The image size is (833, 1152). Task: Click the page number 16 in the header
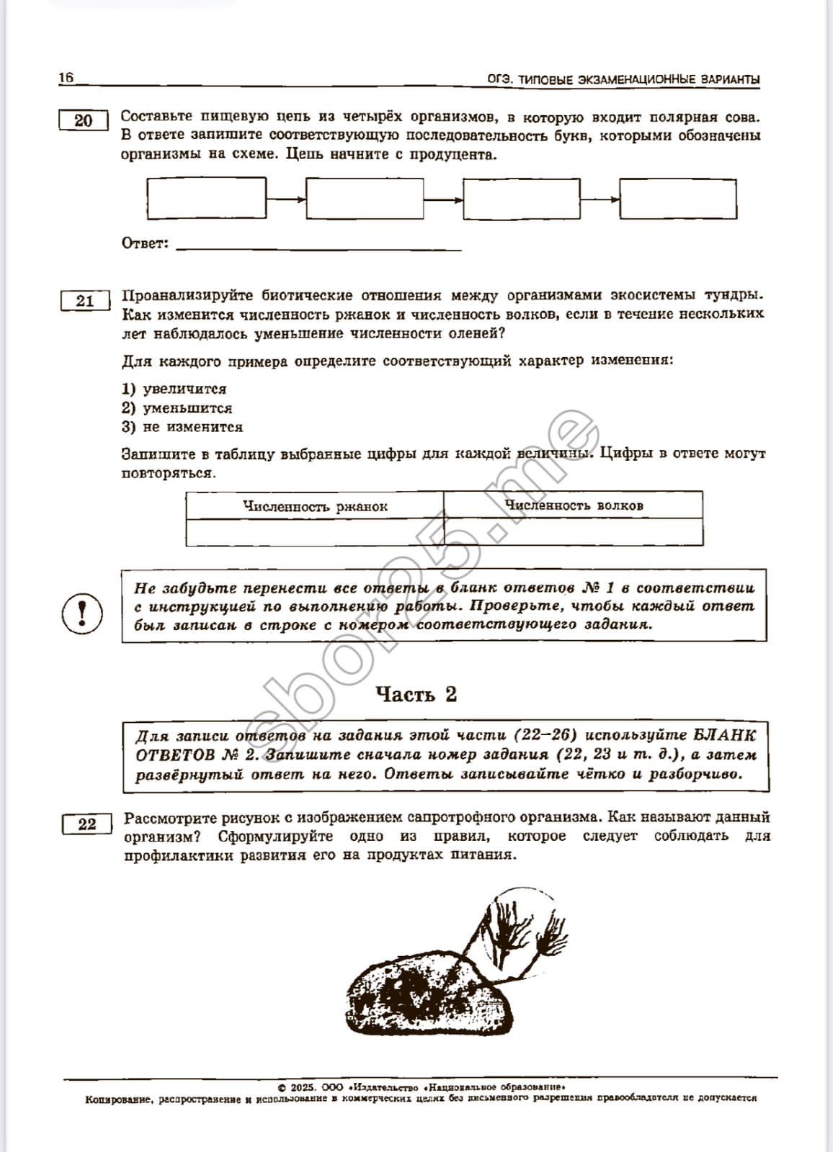(x=66, y=78)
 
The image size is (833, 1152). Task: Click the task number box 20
(x=84, y=120)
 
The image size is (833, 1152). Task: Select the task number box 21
(x=85, y=301)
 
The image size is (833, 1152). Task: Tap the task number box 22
(x=87, y=824)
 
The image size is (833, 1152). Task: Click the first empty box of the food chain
(x=207, y=198)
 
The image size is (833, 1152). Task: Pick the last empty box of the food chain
(x=678, y=198)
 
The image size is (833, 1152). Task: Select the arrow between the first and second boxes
(x=286, y=199)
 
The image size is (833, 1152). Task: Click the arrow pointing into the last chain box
(x=600, y=199)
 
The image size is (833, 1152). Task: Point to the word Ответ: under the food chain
(x=145, y=243)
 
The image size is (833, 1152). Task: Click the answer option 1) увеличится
(x=174, y=390)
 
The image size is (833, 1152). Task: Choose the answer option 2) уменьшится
(x=177, y=408)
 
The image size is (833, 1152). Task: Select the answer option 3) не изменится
(x=182, y=427)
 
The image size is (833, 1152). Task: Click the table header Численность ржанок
(x=315, y=506)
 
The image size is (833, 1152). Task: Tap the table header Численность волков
(x=574, y=505)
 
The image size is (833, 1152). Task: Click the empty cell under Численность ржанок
(x=315, y=532)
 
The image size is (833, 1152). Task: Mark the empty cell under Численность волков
(x=574, y=532)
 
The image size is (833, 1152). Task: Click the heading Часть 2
(x=416, y=694)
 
